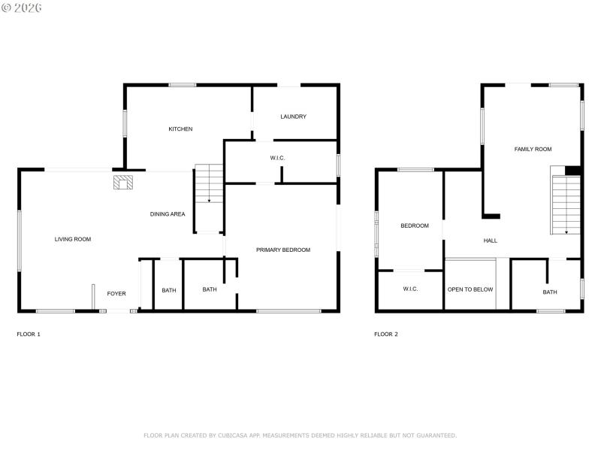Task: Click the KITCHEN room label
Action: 180,129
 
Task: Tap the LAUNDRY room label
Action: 293,117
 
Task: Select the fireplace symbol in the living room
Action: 123,183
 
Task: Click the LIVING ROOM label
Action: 73,240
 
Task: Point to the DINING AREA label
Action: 168,214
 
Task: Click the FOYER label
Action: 116,294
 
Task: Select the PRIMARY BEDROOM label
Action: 283,250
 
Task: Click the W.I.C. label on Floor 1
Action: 278,158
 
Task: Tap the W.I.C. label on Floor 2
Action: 410,289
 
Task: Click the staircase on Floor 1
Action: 210,184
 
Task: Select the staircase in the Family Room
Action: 566,204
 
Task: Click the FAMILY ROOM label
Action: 533,150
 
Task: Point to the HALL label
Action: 491,241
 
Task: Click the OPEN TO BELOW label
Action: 470,289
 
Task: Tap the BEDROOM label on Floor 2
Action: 415,226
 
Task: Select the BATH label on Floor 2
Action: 550,292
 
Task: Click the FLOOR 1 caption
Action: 29,334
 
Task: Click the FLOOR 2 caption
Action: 386,334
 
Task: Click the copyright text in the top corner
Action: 22,8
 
